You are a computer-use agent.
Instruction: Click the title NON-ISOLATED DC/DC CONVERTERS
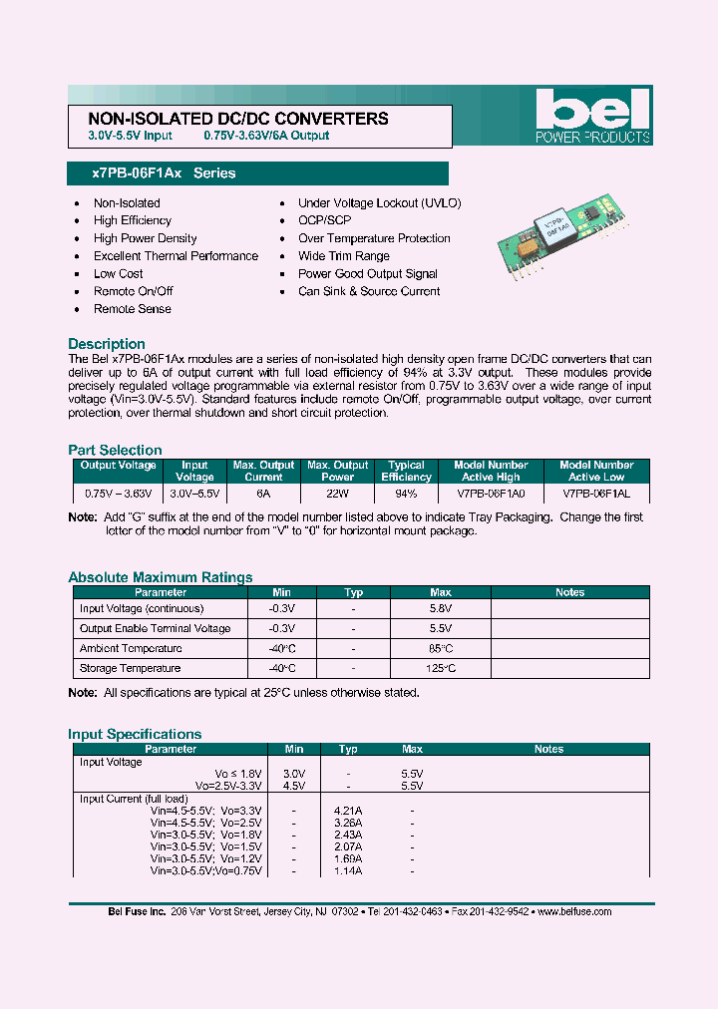pos(231,119)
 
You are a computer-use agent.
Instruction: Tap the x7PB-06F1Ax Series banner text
pos(164,173)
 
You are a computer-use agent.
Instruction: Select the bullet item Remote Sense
pos(133,309)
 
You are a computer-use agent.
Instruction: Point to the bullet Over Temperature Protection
pos(374,238)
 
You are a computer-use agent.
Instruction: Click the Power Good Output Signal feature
pos(368,274)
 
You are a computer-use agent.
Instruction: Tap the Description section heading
pos(107,343)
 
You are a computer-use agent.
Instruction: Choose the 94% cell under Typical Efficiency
pos(407,494)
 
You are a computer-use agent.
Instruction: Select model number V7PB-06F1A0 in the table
pos(492,494)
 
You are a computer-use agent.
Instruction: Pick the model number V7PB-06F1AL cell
pos(596,494)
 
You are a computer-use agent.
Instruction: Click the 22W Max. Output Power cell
pos(338,494)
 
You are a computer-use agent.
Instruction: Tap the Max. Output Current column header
pos(263,471)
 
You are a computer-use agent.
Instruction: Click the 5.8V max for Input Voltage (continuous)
pos(441,608)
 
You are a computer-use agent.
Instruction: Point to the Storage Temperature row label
pos(131,668)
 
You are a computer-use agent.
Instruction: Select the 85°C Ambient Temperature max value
pos(441,648)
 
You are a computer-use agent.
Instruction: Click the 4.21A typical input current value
pos(348,811)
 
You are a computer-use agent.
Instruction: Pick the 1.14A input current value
pos(348,870)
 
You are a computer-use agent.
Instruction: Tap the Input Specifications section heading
pos(135,734)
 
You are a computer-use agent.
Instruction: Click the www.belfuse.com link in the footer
pos(573,911)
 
